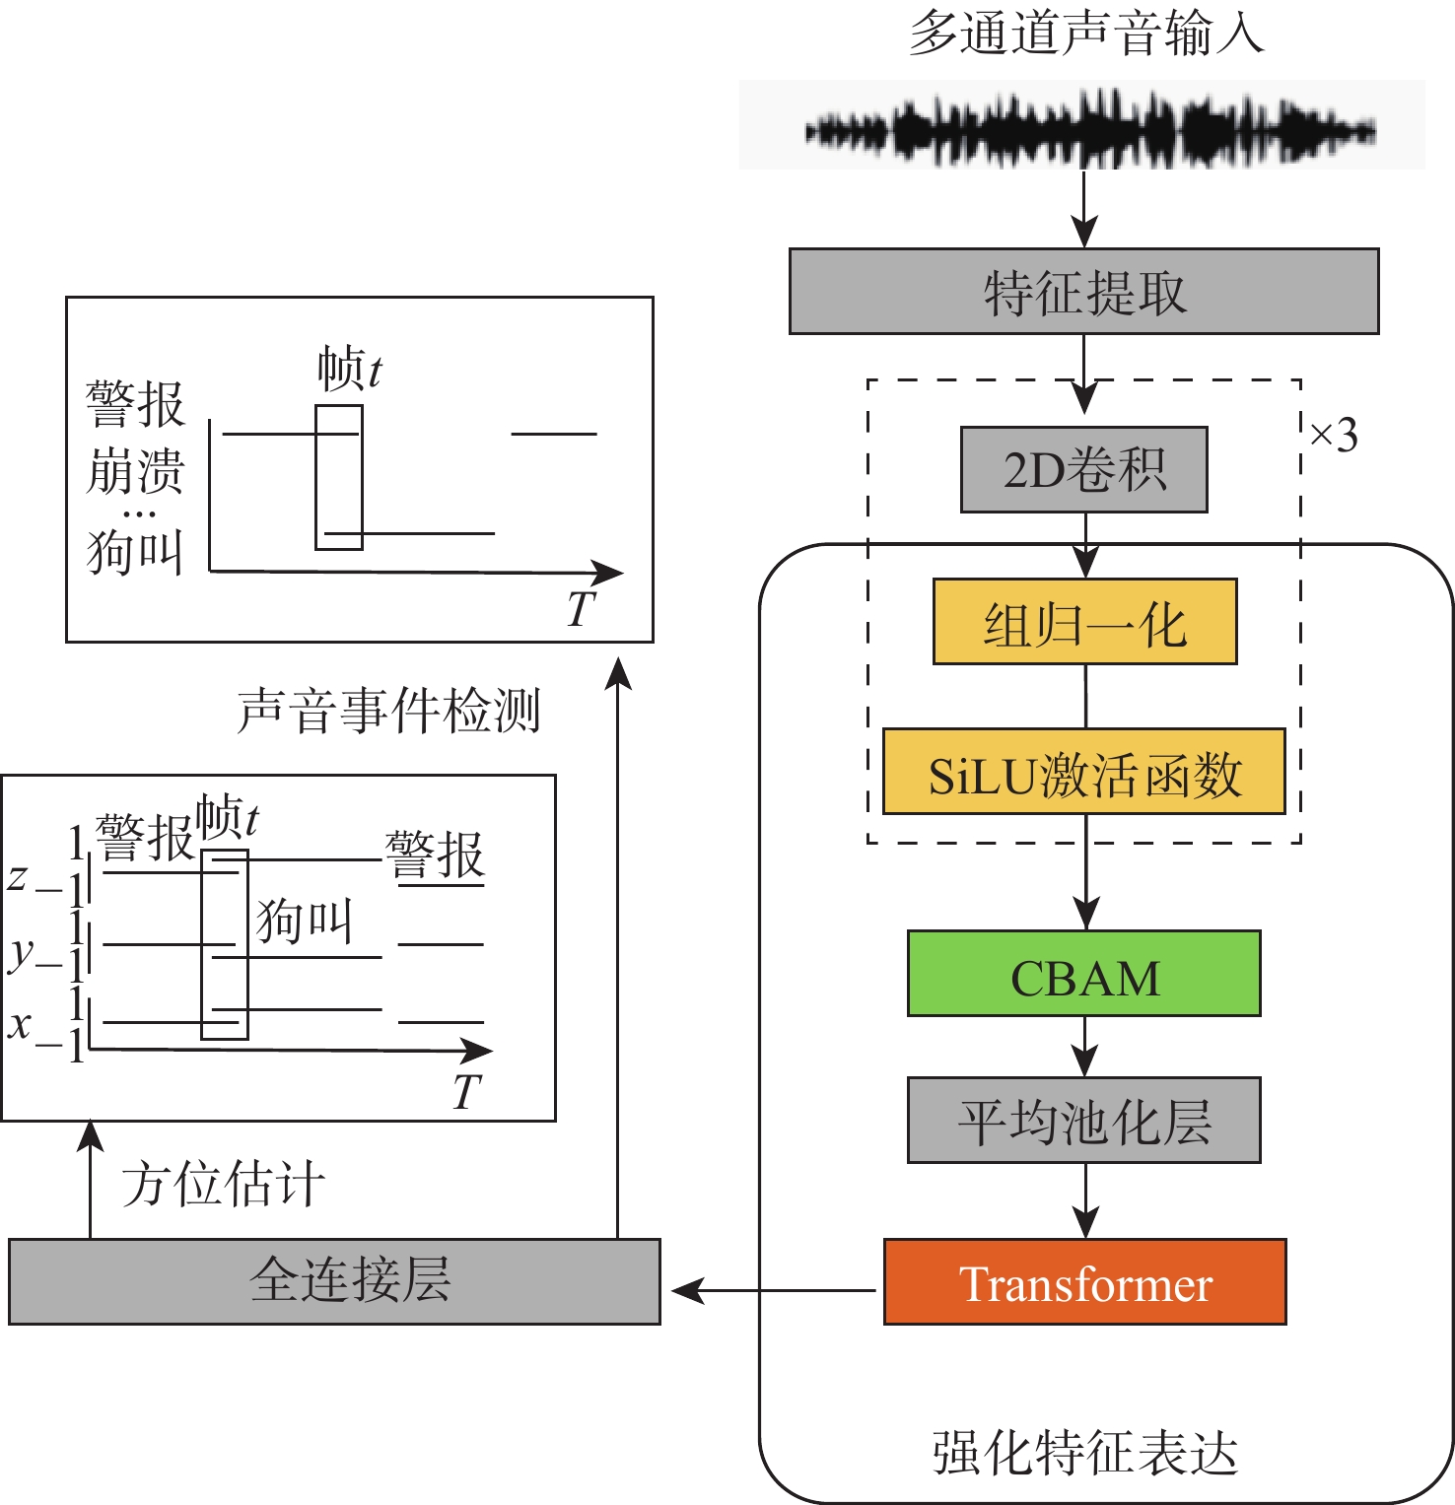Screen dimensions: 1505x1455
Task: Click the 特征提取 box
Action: [1083, 292]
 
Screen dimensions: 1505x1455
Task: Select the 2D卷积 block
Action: [1083, 469]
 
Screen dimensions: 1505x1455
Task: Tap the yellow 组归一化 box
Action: [1084, 622]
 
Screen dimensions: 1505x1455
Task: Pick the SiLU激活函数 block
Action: [1083, 772]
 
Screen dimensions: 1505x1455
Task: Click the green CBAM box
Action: [1083, 974]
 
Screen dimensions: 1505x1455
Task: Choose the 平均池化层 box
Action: [1083, 1121]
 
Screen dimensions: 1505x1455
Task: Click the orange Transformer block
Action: [1084, 1281]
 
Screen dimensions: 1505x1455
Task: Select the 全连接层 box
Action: [334, 1281]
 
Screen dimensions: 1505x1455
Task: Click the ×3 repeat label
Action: [1334, 435]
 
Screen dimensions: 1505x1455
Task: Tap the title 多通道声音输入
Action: [1084, 34]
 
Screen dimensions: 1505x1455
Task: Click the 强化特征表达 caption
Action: [1084, 1453]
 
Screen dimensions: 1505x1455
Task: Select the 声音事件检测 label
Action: [389, 711]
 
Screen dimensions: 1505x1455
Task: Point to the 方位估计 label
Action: [224, 1184]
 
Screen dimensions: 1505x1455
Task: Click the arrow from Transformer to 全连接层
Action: [774, 1289]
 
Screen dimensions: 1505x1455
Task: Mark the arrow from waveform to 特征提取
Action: [1084, 209]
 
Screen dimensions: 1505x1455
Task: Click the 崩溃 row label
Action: [135, 471]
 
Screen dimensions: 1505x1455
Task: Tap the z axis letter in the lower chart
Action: [17, 875]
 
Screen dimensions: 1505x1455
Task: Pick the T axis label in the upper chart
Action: [582, 608]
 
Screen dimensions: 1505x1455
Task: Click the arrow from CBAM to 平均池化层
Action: [1085, 1047]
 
